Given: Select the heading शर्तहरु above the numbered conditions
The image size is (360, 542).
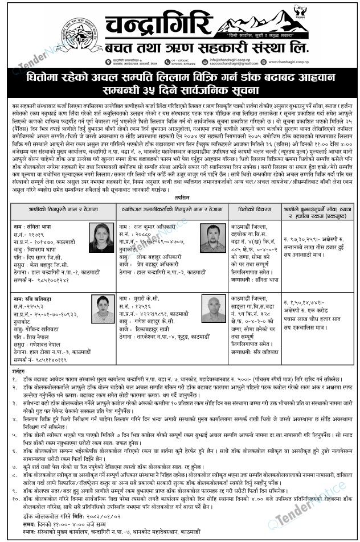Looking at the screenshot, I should [19, 372].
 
